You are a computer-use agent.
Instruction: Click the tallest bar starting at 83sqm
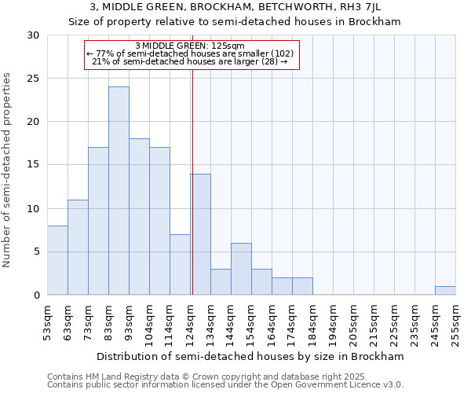point(119,191)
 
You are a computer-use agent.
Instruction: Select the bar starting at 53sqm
point(57,260)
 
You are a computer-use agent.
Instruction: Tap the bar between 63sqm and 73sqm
point(78,247)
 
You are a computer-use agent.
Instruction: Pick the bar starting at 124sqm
point(200,234)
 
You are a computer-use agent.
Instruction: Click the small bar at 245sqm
point(445,290)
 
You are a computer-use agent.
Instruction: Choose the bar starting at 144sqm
point(241,269)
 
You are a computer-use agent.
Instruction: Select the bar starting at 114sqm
point(180,264)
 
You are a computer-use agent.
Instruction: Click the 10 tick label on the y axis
point(34,208)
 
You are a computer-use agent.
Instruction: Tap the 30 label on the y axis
point(34,35)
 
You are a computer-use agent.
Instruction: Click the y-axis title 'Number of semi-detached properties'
point(7,170)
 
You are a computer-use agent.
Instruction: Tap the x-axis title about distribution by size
point(251,356)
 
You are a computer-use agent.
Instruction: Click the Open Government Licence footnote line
point(225,384)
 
